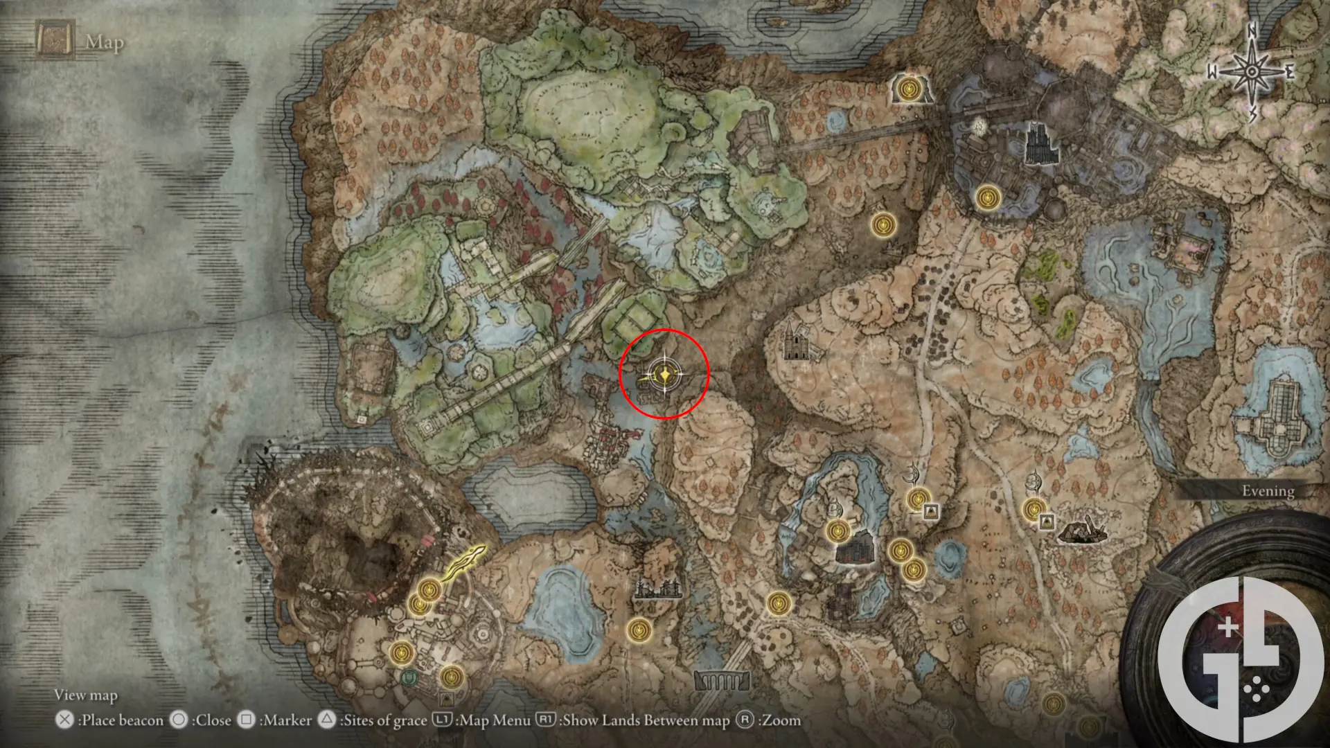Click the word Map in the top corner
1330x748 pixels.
(105, 43)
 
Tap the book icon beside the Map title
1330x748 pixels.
(55, 40)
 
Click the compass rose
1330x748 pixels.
(1252, 71)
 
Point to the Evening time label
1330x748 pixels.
(1267, 491)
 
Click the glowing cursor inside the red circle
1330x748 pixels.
(664, 375)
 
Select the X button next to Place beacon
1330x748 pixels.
(64, 720)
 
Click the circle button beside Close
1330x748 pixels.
(179, 720)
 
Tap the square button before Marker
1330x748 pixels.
(246, 720)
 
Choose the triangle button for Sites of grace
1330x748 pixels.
(327, 720)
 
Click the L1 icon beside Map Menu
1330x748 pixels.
(442, 720)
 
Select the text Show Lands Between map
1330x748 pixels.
(646, 720)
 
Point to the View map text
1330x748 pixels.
(86, 695)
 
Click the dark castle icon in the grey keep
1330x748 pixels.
(1041, 145)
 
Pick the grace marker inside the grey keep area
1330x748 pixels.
(986, 198)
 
